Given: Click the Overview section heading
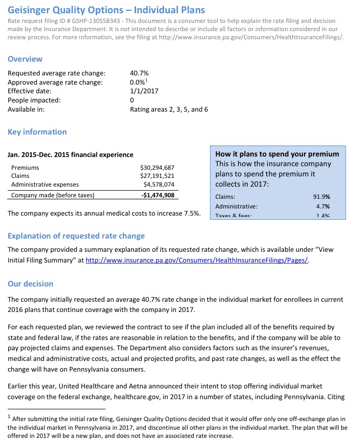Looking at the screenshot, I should pyautogui.click(x=25, y=59).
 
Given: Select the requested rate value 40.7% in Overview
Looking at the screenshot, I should pyautogui.click(x=139, y=73).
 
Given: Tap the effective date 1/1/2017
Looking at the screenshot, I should pyautogui.click(x=144, y=91).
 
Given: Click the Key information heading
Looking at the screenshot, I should pyautogui.click(x=37, y=132).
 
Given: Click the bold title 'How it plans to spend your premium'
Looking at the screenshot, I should pyautogui.click(x=277, y=154).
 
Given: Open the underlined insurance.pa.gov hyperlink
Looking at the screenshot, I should pyautogui.click(x=197, y=260).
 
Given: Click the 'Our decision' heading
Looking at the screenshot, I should pyautogui.click(x=30, y=283).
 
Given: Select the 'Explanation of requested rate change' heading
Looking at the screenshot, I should pyautogui.click(x=76, y=236).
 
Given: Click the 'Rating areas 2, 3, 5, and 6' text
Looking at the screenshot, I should pyautogui.click(x=169, y=109).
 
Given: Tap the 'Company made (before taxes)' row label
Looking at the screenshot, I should pyautogui.click(x=53, y=195).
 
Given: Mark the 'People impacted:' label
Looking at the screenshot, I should pyautogui.click(x=34, y=100).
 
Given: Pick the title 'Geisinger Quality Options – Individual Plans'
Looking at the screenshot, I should pyautogui.click(x=106, y=10).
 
